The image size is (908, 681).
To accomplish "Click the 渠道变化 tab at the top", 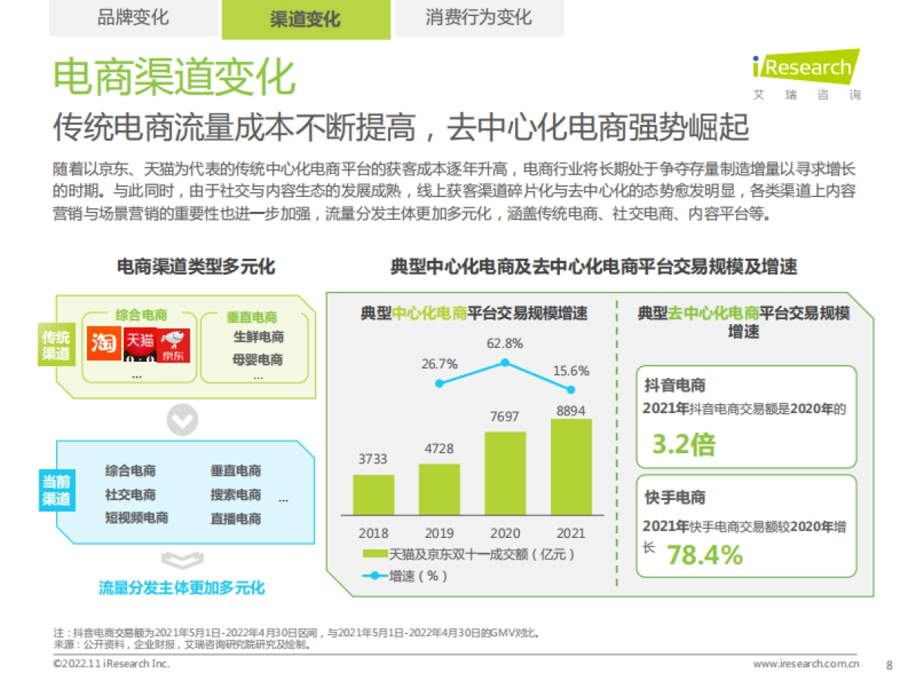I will pos(306,20).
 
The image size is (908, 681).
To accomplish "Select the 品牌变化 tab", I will pos(133,17).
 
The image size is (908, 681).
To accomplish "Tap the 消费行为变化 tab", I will pos(478,17).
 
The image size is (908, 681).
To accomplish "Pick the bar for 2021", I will pos(571,467).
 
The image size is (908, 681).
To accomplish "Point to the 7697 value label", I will pos(505,416).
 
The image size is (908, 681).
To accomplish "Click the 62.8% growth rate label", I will pos(505,344).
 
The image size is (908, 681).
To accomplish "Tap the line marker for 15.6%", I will pos(571,389).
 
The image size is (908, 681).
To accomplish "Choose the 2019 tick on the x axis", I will pos(439,533).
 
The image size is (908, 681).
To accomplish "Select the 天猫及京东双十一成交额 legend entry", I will pos(469,554).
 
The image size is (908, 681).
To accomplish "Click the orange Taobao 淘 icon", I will pos(103,345).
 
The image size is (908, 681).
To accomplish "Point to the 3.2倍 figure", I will pos(683,445).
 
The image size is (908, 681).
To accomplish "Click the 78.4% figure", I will pos(704,555).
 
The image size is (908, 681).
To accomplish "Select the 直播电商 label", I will pos(235,519).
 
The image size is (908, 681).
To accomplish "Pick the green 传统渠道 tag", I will pos(56,345).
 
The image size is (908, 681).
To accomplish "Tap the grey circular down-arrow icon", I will pos(182,420).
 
